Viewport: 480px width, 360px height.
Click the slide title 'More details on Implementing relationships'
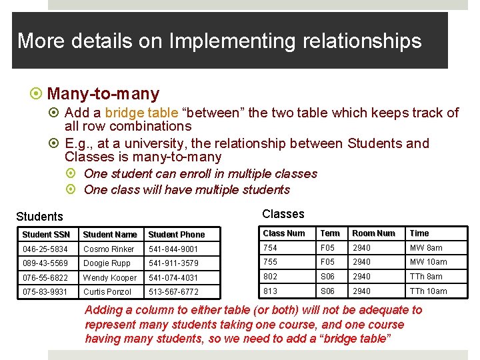219,41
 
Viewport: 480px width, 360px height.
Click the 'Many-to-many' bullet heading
103,94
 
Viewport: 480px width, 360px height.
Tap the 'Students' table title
39,216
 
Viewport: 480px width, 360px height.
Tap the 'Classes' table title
283,214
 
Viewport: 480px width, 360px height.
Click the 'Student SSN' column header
46,235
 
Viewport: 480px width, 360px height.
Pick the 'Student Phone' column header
176,235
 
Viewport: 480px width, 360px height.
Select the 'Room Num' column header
373,233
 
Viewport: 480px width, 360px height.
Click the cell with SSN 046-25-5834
46,249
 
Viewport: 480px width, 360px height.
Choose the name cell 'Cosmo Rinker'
109,249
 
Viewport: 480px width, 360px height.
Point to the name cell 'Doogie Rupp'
107,263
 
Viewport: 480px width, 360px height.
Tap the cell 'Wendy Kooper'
110,277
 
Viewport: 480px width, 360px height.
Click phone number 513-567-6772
173,292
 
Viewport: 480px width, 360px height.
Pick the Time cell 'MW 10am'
429,262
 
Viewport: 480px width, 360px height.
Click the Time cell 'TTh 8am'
426,277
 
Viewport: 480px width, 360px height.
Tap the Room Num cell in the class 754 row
362,248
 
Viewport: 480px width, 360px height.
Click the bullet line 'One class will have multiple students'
187,190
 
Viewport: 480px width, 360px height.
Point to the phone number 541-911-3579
173,263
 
